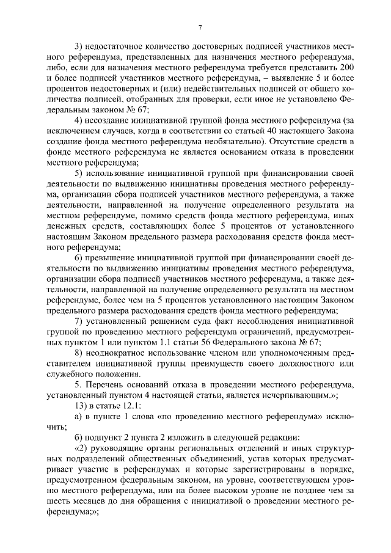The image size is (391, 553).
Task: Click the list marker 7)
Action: [x=78, y=321]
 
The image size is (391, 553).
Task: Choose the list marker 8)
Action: [x=78, y=353]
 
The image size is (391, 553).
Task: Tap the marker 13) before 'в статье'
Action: [x=81, y=405]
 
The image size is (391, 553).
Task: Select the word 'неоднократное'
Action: [x=118, y=353]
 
